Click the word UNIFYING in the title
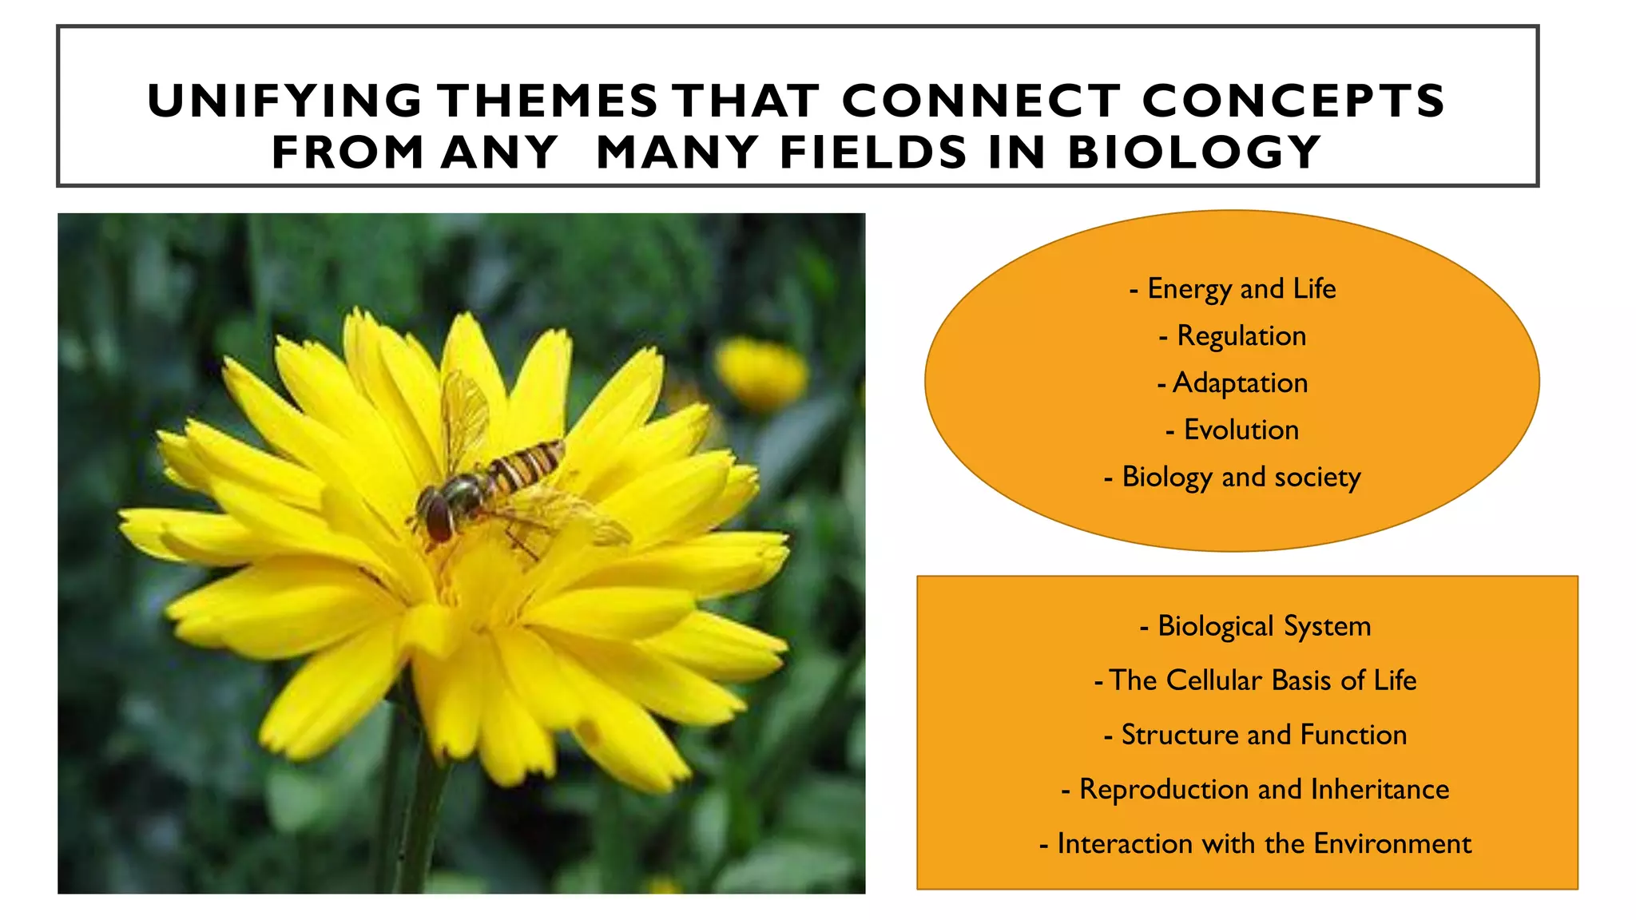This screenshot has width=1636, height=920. [284, 101]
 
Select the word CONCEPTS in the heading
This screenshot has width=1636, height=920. [1293, 101]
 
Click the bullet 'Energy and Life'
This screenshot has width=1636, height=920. [1233, 289]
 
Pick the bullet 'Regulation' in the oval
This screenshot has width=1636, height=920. [1233, 336]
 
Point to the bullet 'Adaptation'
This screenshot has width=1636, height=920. [1233, 383]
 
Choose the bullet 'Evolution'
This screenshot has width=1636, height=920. [1233, 430]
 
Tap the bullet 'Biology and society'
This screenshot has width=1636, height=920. [1233, 478]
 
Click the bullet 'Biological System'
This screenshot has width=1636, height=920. [1255, 626]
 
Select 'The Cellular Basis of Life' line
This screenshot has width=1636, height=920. [1255, 680]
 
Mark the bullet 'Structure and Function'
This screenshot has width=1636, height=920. [1255, 735]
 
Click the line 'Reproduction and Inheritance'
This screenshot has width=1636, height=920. [1255, 789]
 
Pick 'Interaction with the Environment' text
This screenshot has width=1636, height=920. [1255, 843]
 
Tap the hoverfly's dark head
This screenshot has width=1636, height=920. [435, 515]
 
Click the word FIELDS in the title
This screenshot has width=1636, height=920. [873, 153]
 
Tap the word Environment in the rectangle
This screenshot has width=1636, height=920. [1392, 843]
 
